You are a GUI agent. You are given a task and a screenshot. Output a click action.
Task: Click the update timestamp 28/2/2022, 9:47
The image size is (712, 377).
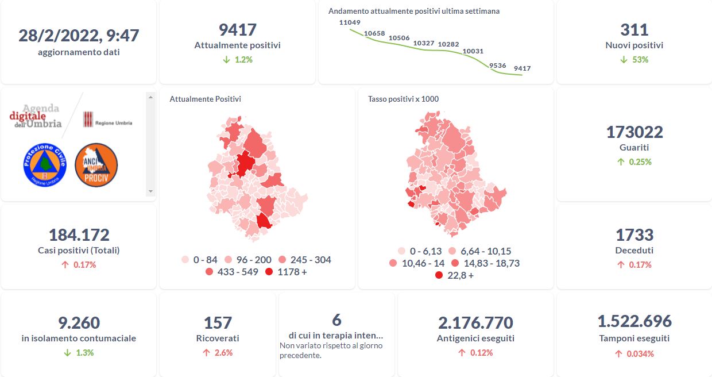79,35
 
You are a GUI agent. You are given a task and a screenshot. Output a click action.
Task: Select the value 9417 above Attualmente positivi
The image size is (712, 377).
237,29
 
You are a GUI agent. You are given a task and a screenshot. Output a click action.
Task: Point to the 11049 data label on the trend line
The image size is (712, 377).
350,22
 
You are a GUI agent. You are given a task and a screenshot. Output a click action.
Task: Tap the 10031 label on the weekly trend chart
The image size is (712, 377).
473,51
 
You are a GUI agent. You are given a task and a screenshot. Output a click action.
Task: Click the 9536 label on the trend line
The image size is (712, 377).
497,66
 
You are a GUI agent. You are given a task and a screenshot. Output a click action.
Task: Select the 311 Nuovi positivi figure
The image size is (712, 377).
634,29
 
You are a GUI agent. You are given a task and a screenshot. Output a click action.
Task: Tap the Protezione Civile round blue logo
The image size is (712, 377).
45,165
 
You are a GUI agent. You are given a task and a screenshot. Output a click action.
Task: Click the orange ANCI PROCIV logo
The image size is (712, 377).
96,165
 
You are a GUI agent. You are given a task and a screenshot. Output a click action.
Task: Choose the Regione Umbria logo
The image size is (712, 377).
107,120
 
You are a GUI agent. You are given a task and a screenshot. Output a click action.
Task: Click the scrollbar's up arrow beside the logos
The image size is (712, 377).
151,97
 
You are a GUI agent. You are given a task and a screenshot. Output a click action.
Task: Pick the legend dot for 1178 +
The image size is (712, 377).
269,272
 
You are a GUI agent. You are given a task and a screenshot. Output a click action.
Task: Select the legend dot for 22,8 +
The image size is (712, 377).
439,275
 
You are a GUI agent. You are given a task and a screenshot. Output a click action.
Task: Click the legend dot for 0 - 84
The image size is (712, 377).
185,260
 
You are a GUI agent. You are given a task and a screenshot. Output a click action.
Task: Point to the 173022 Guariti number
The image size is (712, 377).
634,132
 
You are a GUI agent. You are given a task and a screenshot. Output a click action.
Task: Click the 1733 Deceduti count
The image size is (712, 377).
634,234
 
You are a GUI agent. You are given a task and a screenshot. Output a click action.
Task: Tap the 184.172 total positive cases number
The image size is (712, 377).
79,234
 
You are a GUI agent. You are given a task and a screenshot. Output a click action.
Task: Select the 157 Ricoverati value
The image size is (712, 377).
218,323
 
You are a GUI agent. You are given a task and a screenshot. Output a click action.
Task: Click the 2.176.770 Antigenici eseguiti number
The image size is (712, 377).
475,323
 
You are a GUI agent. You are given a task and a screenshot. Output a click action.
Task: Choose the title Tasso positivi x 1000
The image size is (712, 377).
403,99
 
